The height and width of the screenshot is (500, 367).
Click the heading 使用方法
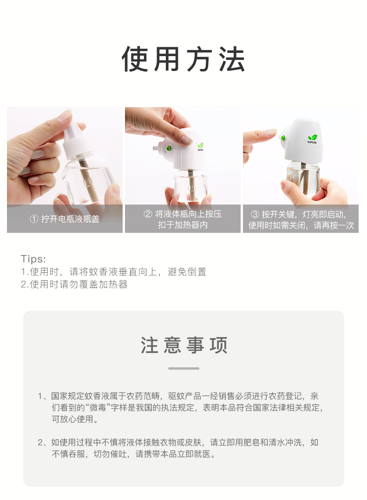pos(183,59)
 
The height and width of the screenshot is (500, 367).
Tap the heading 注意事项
pos(183,345)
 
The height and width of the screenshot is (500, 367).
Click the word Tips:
pos(33,259)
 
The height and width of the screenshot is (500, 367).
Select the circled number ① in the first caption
pos(34,219)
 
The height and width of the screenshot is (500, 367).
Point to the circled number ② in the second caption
pos(148,214)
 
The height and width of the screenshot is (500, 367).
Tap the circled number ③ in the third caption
pos(255,214)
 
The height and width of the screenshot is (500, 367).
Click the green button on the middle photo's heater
pos(168,148)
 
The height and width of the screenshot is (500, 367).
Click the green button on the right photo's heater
pos(283,138)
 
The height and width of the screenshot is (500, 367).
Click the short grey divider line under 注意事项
pos(183,368)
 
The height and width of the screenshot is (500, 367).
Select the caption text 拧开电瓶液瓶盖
pos(70,219)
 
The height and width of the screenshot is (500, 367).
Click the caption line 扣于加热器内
pos(183,225)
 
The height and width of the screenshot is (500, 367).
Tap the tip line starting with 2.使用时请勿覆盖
pos(74,284)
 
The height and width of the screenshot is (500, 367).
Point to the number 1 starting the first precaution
pos(40,396)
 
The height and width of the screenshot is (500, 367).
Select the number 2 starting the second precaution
pos(40,442)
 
